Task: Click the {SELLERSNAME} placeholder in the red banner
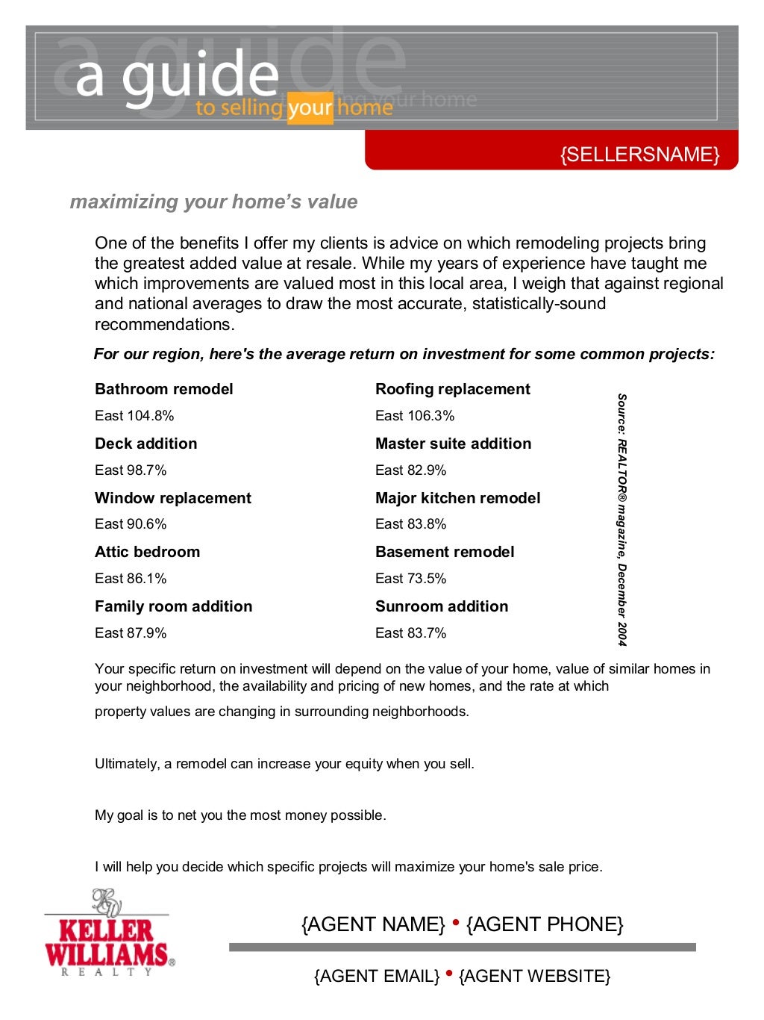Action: pos(639,155)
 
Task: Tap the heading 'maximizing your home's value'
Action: pos(213,202)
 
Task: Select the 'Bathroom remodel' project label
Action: pos(163,389)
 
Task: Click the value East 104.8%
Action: pos(134,416)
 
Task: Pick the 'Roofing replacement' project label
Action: pos(452,389)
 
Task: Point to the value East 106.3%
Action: pos(415,416)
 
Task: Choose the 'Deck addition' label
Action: pos(145,444)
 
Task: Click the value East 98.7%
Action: pos(131,470)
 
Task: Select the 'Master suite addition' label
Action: pos(453,444)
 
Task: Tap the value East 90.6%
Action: pos(131,524)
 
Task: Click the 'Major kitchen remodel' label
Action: pos(457,498)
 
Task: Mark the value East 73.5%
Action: pos(410,579)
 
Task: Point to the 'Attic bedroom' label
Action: pos(147,552)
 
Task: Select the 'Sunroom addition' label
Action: pos(441,606)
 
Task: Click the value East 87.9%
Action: pos(131,633)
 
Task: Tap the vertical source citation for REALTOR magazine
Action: pos(621,520)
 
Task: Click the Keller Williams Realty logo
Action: pos(109,933)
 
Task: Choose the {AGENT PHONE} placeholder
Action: pos(544,924)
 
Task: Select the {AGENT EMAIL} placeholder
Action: pos(377,976)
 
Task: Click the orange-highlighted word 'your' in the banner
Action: pos(310,109)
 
